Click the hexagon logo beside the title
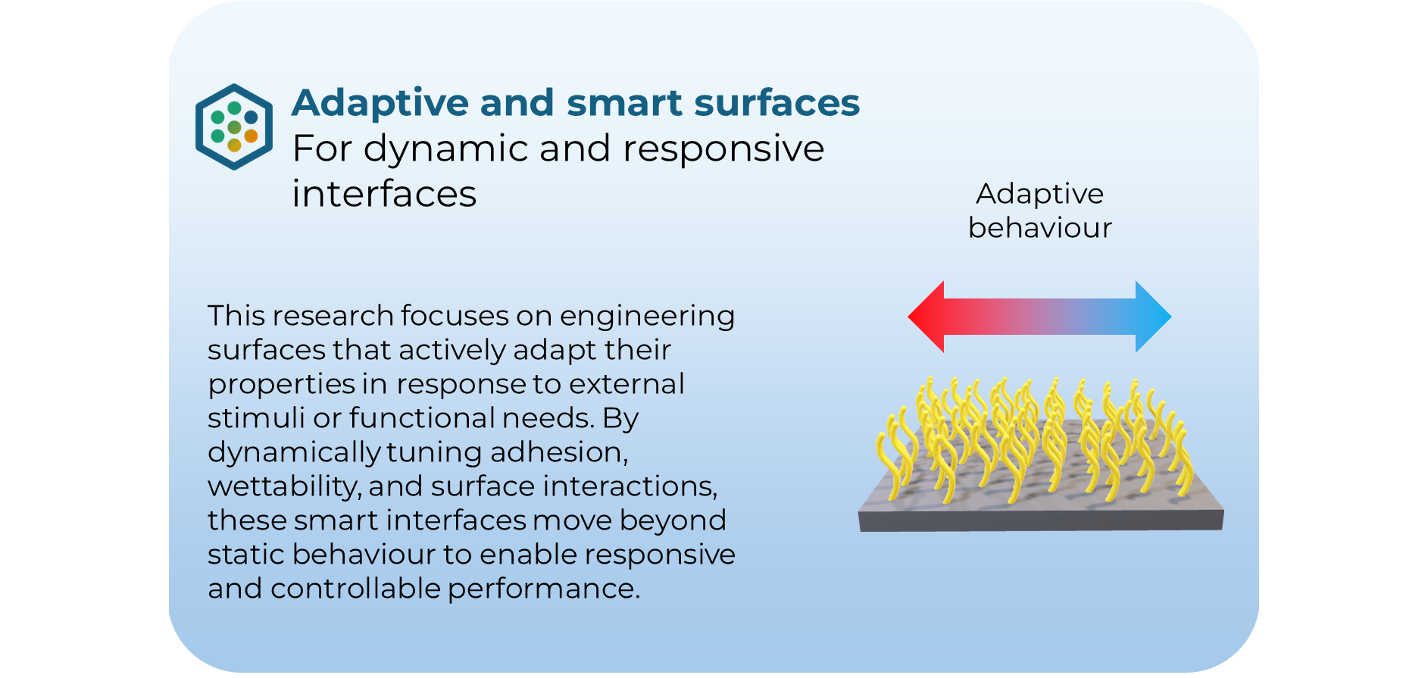(233, 127)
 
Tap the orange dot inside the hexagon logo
(251, 136)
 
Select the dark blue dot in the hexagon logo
(251, 117)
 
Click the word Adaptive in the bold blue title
(380, 103)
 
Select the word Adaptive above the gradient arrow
(1039, 194)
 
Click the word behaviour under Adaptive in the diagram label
(1039, 228)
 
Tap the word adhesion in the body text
(558, 452)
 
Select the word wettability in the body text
(283, 486)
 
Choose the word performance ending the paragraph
(543, 589)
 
